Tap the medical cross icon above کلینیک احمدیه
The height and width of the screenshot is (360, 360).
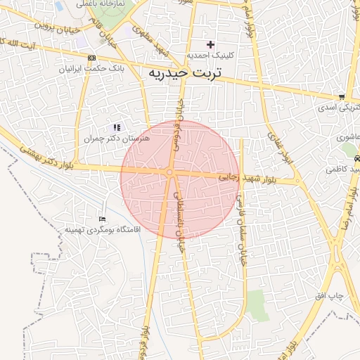coord(210,44)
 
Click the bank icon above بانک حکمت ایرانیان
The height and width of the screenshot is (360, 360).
coord(92,58)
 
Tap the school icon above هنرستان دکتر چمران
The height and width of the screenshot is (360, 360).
coord(116,127)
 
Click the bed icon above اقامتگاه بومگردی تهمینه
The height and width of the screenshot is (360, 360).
coord(103,219)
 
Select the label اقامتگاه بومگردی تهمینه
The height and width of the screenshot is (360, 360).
coord(103,229)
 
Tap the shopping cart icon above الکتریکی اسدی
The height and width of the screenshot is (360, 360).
coord(342,97)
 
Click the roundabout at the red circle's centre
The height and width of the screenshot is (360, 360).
coord(170,172)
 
